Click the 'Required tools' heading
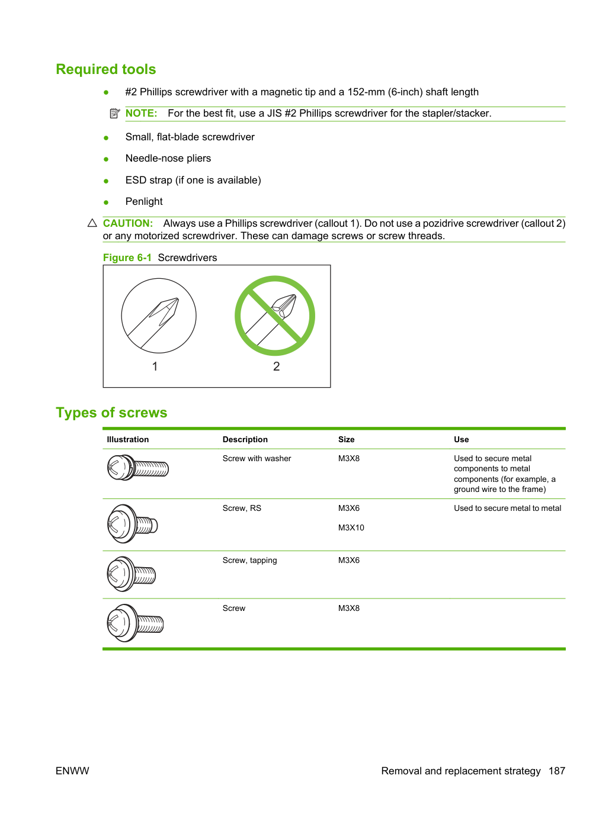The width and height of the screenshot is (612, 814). point(106,69)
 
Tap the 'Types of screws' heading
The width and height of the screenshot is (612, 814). point(111,413)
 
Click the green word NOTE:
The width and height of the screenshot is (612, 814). point(141,113)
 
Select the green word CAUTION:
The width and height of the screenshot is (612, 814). point(127,223)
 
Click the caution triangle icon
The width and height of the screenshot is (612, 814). point(92,223)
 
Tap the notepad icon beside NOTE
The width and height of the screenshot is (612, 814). point(115,113)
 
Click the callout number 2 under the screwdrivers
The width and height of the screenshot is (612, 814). point(277,366)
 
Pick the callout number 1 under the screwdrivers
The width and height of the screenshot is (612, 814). point(155,366)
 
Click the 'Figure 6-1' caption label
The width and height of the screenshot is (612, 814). point(127,258)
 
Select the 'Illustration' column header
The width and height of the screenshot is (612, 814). point(127,439)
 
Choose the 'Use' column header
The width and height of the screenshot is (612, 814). point(461,439)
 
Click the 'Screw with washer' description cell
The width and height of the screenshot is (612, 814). point(257,458)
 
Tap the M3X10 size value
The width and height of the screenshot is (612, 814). point(351,527)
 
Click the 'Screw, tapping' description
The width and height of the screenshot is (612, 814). point(249,561)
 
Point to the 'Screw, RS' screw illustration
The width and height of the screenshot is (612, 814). point(132,524)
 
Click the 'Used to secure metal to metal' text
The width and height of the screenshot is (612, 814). point(507,508)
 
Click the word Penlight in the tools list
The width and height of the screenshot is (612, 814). point(144,201)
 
